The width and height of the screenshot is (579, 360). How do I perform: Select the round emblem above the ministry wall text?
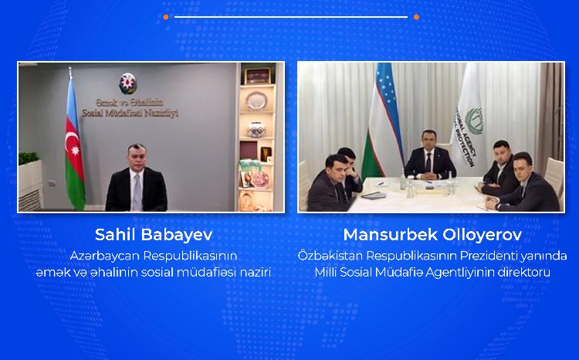(127, 80)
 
